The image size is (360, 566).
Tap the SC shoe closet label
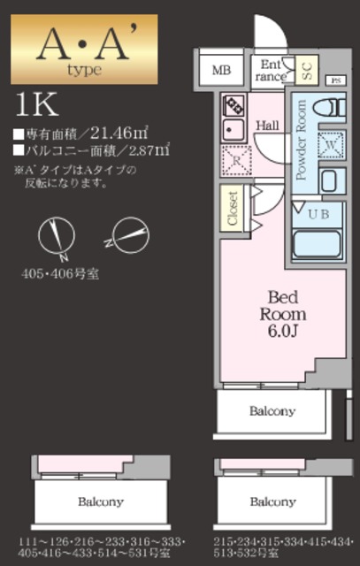click(306, 69)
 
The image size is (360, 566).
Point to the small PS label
click(334, 80)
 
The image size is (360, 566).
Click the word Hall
click(268, 125)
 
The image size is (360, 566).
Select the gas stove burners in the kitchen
click(234, 105)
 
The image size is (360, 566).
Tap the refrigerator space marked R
click(236, 163)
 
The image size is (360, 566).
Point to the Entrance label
click(270, 70)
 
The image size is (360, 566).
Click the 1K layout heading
click(36, 103)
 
